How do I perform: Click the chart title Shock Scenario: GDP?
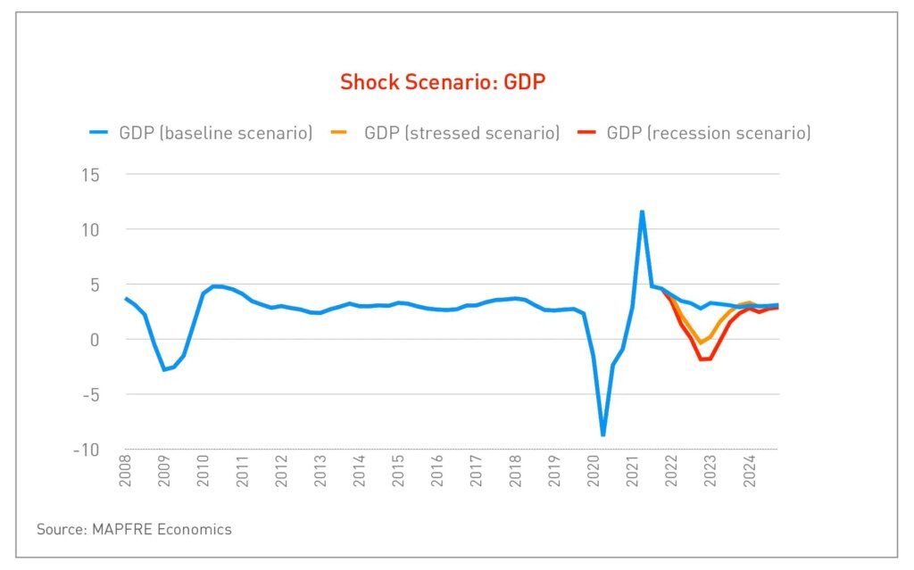pyautogui.click(x=442, y=83)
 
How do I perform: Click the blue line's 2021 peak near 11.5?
pyautogui.click(x=642, y=211)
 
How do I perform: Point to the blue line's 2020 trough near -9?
pyautogui.click(x=603, y=434)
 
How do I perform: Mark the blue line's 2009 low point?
pyautogui.click(x=163, y=369)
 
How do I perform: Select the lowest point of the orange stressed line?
pyautogui.click(x=702, y=343)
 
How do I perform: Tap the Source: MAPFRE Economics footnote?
pyautogui.click(x=134, y=530)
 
